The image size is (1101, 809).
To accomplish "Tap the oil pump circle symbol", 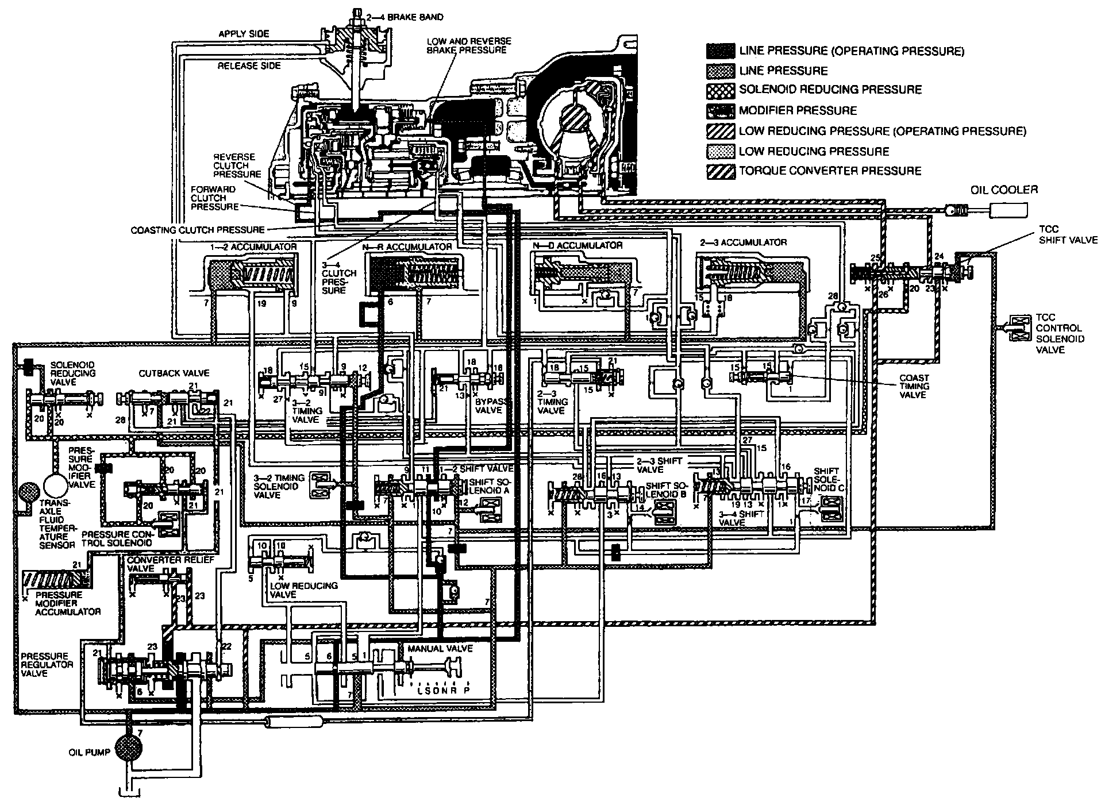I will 132,747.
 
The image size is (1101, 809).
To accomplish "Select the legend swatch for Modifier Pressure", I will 721,110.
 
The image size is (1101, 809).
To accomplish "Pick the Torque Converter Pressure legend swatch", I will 721,171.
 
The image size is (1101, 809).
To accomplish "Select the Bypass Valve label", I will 488,406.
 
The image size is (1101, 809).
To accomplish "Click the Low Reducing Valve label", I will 303,590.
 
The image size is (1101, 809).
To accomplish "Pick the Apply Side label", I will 244,34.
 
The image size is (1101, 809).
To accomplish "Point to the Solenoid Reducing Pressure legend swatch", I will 721,90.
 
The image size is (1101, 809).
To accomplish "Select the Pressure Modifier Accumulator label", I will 68,603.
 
